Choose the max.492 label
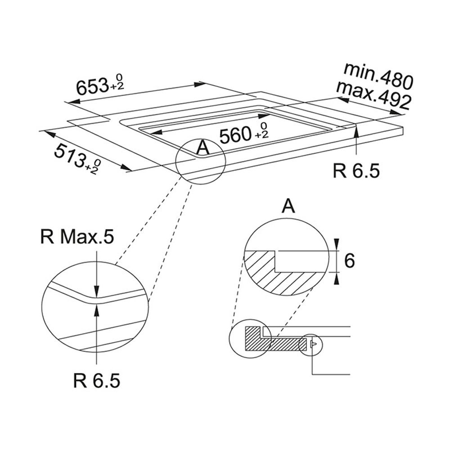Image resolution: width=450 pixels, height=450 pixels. click(x=373, y=94)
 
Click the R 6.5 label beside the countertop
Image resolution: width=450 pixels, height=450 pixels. click(x=356, y=171)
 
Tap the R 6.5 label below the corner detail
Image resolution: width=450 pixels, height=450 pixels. click(x=96, y=381)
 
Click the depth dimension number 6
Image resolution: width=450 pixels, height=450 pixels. click(x=349, y=261)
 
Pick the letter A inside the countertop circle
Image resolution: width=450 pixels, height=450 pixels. click(x=203, y=148)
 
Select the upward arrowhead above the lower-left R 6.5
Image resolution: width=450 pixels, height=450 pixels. click(x=97, y=310)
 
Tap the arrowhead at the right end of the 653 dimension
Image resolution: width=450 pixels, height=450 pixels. click(x=200, y=84)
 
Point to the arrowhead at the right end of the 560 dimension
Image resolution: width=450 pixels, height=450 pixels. click(x=263, y=116)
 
